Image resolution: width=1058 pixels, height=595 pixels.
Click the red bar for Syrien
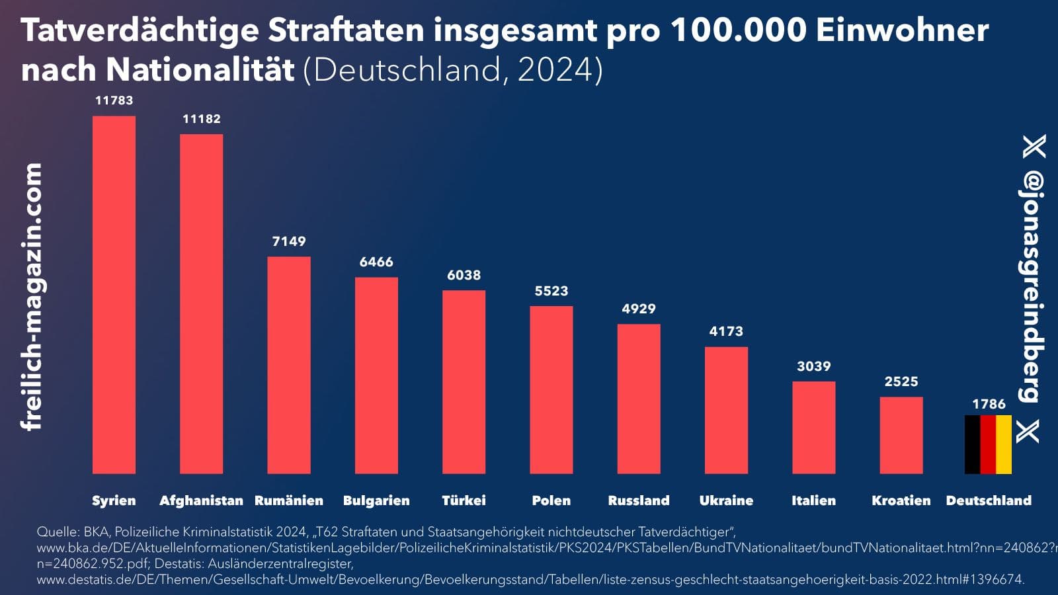pyautogui.click(x=114, y=295)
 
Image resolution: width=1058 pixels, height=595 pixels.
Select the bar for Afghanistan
pyautogui.click(x=201, y=304)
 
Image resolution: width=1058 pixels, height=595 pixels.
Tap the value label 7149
pyautogui.click(x=289, y=241)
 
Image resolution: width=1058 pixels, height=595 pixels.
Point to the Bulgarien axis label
pyautogui.click(x=376, y=500)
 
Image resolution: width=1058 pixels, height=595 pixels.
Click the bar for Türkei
pyautogui.click(x=464, y=382)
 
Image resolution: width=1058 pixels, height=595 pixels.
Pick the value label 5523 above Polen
pyautogui.click(x=551, y=291)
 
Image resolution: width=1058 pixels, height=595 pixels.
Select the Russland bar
pyautogui.click(x=639, y=399)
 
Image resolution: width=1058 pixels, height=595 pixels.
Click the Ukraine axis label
pyautogui.click(x=726, y=500)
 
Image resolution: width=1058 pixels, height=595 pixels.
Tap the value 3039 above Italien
pyautogui.click(x=813, y=366)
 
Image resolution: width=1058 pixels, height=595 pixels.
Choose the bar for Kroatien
pyautogui.click(x=901, y=435)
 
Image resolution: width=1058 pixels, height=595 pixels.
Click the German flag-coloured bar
pyautogui.click(x=988, y=444)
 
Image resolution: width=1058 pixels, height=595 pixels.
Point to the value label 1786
pyautogui.click(x=989, y=404)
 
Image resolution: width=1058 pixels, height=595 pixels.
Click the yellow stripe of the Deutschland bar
pyautogui.click(x=1004, y=444)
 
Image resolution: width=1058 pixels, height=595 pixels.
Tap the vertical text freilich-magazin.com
pyautogui.click(x=32, y=297)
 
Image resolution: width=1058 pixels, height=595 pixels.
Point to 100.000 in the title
pyautogui.click(x=738, y=30)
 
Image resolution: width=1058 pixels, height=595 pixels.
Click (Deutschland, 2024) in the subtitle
pyautogui.click(x=453, y=69)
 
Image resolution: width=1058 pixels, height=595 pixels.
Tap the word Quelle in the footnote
pyautogui.click(x=57, y=532)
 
